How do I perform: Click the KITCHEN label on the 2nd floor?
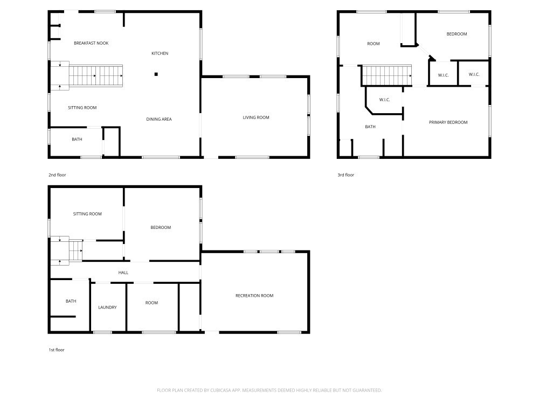(x=160, y=53)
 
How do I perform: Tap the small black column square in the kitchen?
(x=156, y=74)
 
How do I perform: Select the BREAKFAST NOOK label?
(x=91, y=43)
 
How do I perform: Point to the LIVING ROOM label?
(x=256, y=117)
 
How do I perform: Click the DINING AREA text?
(x=159, y=119)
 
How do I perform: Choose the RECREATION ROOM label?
(x=254, y=295)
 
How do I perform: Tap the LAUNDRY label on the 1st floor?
(x=108, y=308)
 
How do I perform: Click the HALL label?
(x=123, y=273)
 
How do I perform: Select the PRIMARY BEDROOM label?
(x=448, y=122)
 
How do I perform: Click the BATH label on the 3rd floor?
(x=370, y=127)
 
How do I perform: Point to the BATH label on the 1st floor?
(x=71, y=301)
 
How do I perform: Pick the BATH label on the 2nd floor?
(x=77, y=140)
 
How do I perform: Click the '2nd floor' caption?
(x=57, y=175)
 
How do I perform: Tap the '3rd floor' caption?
(x=346, y=175)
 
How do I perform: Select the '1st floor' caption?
(x=57, y=350)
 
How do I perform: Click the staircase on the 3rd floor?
(x=386, y=75)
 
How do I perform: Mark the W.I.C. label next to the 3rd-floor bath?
(x=385, y=100)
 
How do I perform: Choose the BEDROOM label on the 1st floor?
(x=161, y=227)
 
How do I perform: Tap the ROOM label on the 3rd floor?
(x=374, y=44)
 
